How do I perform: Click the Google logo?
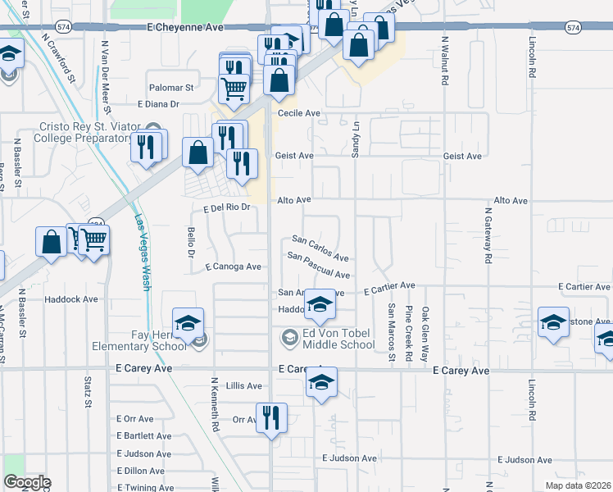click(x=27, y=482)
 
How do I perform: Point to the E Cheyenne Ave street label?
click(x=185, y=27)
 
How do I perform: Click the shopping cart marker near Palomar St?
click(x=235, y=89)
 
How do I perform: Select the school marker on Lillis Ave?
click(x=321, y=383)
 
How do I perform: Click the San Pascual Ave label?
click(x=319, y=265)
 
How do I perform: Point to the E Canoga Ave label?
click(x=233, y=266)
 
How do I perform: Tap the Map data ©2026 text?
click(x=578, y=485)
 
